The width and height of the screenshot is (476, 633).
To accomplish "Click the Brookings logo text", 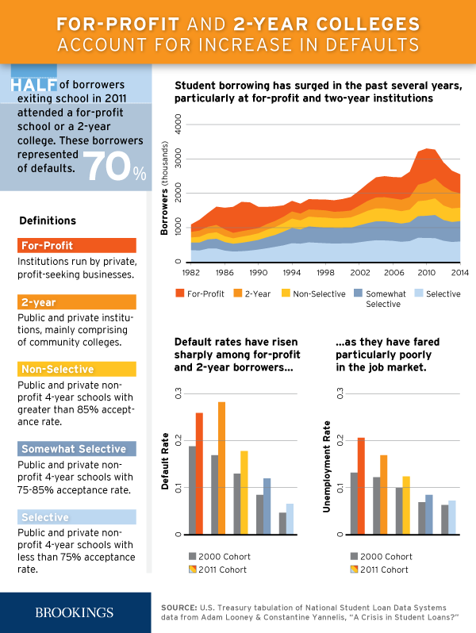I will point(75,612).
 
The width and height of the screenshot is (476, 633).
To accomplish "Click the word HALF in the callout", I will point(33,85).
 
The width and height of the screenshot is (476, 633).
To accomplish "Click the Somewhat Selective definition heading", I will point(74,449).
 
